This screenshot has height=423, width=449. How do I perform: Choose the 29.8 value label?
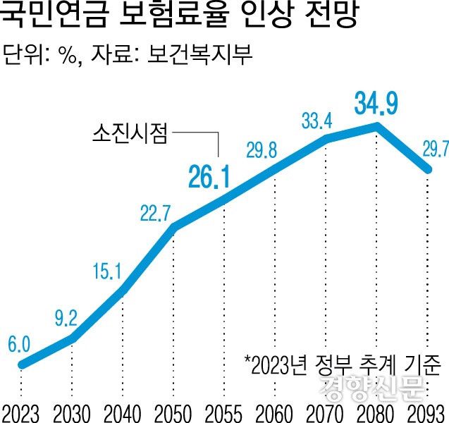262,150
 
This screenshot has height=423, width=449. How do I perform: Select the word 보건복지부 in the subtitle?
200,54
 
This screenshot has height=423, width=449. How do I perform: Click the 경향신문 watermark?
371,387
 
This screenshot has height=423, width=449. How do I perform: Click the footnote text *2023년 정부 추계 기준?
343,364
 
